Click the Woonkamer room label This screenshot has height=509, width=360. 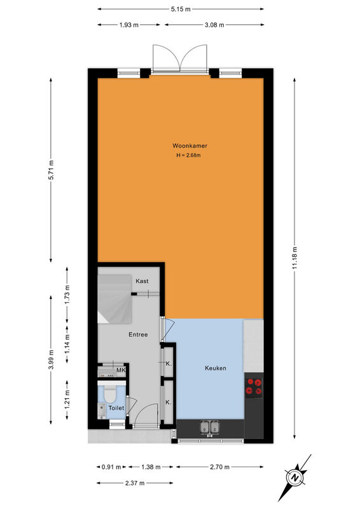(190, 146)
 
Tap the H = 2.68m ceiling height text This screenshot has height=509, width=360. (189, 155)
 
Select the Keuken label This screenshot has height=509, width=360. (216, 368)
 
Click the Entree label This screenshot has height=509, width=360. (138, 335)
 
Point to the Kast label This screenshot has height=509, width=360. (142, 281)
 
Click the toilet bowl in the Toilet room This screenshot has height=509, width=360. (110, 394)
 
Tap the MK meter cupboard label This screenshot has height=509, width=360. (121, 370)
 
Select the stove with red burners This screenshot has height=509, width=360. (254, 388)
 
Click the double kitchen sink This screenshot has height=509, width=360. (209, 427)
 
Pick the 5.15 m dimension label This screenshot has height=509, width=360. (181, 9)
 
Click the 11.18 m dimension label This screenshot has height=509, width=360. (294, 258)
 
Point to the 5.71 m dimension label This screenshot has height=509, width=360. (51, 170)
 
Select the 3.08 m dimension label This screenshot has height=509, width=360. (214, 25)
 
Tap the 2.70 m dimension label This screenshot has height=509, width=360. (219, 467)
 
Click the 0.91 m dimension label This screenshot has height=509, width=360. (111, 467)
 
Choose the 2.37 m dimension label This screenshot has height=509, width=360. (135, 483)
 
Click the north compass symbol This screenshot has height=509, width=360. (294, 478)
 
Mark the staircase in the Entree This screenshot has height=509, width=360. (114, 299)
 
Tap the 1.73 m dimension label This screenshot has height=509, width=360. (67, 295)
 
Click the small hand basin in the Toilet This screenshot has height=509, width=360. (102, 411)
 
